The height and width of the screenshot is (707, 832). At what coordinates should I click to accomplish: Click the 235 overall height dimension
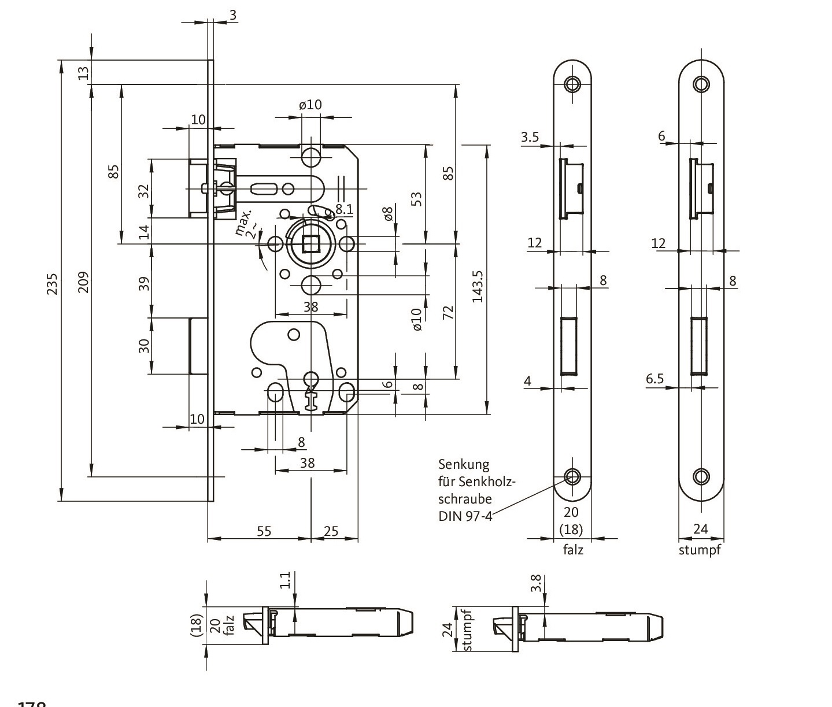tap(53, 283)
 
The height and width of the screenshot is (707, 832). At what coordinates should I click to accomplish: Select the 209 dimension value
tap(84, 282)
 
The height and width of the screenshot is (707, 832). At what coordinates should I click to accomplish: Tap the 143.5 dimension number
tap(478, 286)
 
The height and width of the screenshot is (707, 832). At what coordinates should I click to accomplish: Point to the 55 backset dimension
tap(264, 531)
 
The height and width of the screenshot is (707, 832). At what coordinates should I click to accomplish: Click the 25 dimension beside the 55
tap(331, 531)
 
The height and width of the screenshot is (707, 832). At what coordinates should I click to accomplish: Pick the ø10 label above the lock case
tap(310, 105)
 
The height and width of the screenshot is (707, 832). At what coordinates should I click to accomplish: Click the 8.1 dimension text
tap(344, 208)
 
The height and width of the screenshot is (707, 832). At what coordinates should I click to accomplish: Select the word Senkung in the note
tap(464, 464)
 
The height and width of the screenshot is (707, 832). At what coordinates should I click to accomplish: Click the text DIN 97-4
tap(465, 516)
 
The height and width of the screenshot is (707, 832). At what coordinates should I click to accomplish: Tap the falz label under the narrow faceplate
tap(573, 550)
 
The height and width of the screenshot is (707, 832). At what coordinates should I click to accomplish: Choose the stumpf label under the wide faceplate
tap(700, 550)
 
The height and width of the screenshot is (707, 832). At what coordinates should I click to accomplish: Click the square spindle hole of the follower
tap(310, 245)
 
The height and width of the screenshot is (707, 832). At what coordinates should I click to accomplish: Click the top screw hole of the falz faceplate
tap(572, 84)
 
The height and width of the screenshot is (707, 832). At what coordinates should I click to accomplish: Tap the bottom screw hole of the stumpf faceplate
tap(701, 476)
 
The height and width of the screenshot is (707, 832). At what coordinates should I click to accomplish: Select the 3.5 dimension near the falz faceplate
tap(530, 137)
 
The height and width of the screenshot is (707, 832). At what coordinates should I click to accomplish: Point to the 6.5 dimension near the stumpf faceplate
tap(654, 379)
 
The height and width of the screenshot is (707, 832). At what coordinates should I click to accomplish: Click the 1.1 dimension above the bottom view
tap(285, 580)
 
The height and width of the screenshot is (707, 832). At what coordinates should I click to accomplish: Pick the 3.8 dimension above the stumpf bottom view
tap(537, 583)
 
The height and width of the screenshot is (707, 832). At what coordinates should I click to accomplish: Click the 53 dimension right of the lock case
tap(416, 198)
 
